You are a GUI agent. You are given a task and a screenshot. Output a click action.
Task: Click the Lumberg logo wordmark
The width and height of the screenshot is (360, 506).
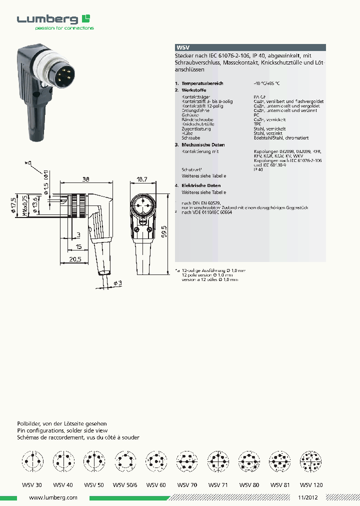coord(47,20)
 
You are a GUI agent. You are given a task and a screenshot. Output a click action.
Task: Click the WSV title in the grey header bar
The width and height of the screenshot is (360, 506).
coord(183,48)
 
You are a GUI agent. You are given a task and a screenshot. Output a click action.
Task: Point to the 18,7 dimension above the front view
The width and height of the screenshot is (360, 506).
coord(142,179)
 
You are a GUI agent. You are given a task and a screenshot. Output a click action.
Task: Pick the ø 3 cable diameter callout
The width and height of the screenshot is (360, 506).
coord(117,283)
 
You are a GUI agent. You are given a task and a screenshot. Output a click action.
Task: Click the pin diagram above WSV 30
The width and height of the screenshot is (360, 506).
coord(32,460)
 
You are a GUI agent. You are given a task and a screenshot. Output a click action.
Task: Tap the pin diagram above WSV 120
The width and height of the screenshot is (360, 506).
coord(311,460)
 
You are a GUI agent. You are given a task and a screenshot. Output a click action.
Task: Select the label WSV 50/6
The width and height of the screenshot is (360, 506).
coord(123,484)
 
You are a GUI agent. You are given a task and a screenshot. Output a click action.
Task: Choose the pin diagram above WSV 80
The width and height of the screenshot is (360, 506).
coord(248,460)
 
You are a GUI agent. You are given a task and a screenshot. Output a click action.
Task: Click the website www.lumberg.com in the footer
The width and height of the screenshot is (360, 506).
coord(53,498)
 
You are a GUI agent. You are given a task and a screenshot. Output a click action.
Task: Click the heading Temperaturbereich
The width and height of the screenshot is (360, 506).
coord(202,83)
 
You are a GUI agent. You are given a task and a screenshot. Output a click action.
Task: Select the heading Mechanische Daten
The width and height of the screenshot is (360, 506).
coord(203,144)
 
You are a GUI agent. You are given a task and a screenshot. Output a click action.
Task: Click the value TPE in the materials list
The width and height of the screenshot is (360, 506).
coord(257,124)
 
